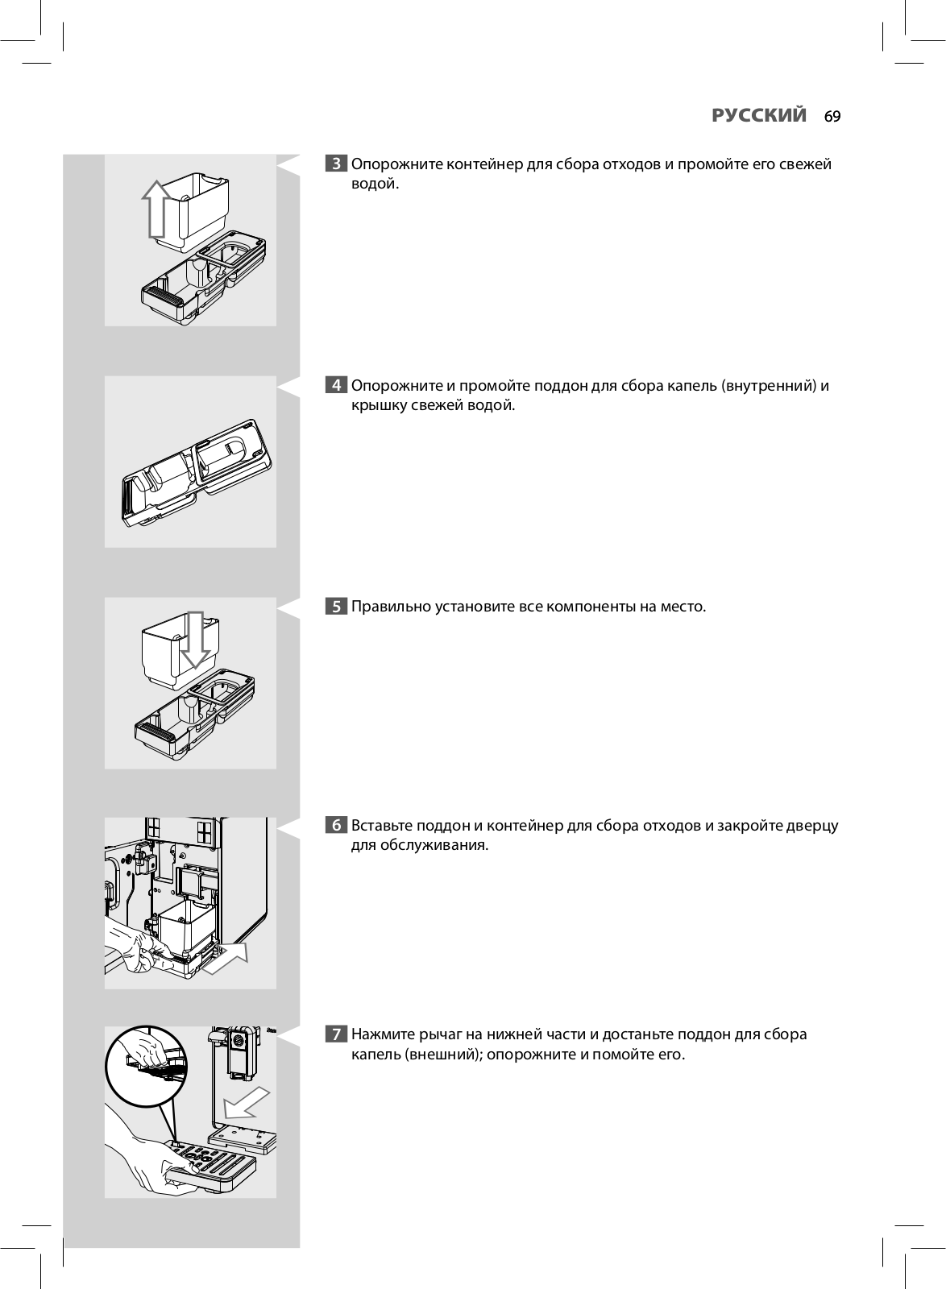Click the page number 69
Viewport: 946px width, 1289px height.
click(832, 117)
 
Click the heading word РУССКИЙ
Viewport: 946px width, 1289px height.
click(759, 116)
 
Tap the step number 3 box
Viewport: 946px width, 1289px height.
click(336, 164)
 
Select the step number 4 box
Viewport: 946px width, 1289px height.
click(336, 386)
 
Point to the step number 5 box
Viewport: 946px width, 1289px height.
click(336, 607)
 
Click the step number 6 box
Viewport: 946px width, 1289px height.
click(336, 826)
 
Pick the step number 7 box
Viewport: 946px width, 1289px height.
click(336, 1034)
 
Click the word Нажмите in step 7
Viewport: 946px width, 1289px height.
click(384, 1034)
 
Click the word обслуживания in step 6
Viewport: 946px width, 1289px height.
click(442, 846)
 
